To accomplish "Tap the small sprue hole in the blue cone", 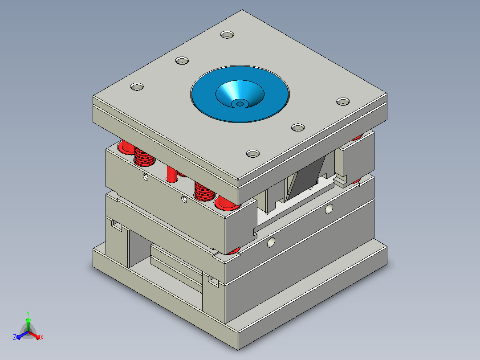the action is pos(240,104).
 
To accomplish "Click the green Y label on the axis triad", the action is pos(28,314).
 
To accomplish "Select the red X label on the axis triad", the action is pos(42,337).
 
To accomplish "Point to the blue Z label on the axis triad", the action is pos(14,337).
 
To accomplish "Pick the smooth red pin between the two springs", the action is pos(172,174).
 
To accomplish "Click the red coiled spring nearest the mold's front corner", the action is pos(204,191).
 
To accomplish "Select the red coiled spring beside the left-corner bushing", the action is pos(144,156).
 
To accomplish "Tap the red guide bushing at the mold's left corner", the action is pos(126,147).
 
